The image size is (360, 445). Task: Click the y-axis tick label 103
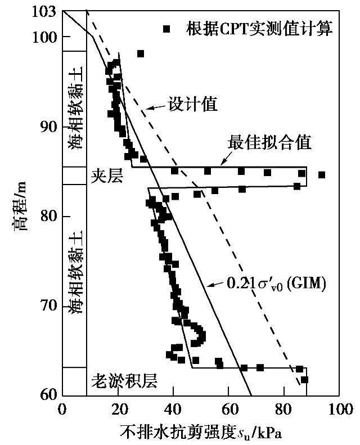point(45,11)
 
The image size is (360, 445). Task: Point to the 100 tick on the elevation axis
point(45,37)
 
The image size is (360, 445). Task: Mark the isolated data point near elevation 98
point(141,53)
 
